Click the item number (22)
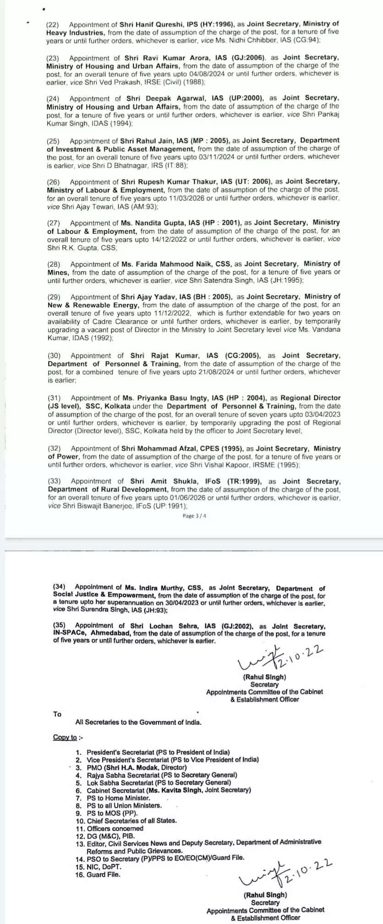click(53, 24)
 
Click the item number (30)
click(54, 356)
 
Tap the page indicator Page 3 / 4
click(194, 516)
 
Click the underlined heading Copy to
click(65, 737)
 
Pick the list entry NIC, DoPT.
click(104, 866)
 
